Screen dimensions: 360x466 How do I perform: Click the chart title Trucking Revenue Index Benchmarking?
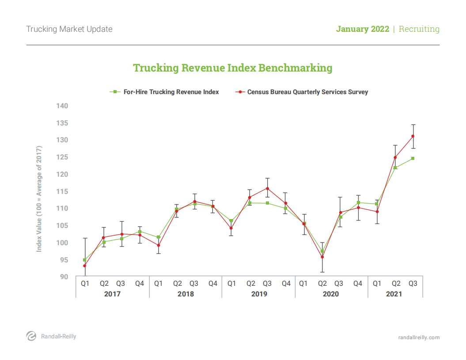[x=233, y=68]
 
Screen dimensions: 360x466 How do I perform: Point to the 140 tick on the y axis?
[x=62, y=106]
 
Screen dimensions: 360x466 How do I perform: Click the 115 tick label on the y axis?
[x=62, y=192]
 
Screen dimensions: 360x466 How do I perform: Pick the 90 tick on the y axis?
[x=64, y=277]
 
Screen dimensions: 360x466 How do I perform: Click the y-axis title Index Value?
[x=39, y=199]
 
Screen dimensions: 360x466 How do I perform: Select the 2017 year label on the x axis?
[x=112, y=294]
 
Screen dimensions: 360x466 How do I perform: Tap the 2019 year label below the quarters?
[x=258, y=294]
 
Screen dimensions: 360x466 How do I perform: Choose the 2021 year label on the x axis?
[x=394, y=294]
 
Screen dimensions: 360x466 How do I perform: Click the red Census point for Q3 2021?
[x=413, y=136]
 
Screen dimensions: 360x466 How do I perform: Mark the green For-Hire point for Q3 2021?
[x=413, y=158]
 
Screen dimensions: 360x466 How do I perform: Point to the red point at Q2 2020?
[x=322, y=257]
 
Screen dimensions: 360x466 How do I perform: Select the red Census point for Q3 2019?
[x=267, y=188]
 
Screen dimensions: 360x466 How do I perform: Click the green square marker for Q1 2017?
[x=85, y=260]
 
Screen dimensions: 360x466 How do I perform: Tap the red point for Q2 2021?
[x=395, y=157]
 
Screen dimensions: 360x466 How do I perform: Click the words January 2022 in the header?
[x=363, y=29]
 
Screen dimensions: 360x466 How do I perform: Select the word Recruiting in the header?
[x=419, y=29]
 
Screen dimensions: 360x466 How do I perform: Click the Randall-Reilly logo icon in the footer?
[x=31, y=336]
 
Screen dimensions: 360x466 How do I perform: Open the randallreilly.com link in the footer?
[x=419, y=337]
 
